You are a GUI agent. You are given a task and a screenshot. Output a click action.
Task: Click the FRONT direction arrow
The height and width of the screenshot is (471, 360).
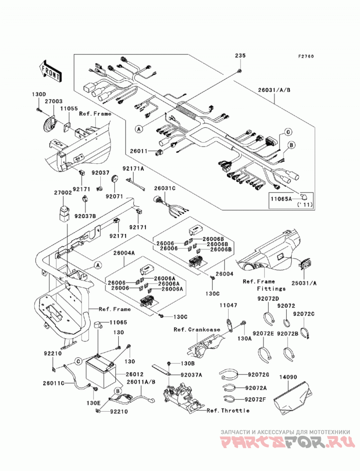(x=50, y=71)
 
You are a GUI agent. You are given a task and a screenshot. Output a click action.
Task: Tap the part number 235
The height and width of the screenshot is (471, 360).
(x=240, y=55)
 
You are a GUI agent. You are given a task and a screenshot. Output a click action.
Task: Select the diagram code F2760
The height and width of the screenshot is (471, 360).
(x=306, y=56)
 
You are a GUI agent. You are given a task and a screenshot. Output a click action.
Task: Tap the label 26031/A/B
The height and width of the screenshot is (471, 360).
(x=274, y=90)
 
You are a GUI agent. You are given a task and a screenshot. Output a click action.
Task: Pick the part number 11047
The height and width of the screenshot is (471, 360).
(x=228, y=305)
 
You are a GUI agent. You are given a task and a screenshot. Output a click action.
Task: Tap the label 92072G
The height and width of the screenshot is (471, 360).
(x=258, y=375)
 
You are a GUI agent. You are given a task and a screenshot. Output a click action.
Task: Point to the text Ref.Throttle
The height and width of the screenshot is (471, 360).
(x=228, y=410)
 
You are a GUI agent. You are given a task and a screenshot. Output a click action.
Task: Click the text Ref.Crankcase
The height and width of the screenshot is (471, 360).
(x=197, y=329)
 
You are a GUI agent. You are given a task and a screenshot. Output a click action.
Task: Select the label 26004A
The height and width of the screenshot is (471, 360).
(x=124, y=253)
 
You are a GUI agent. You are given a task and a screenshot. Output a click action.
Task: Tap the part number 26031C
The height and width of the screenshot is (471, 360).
(x=165, y=188)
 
